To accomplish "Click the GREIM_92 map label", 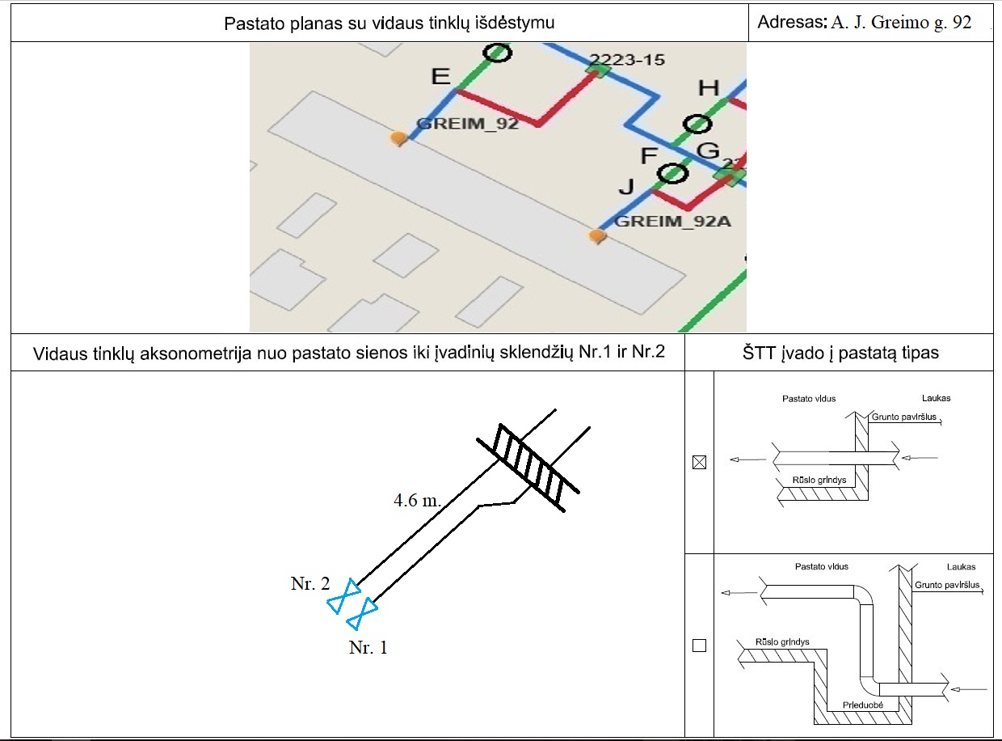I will coord(466,125).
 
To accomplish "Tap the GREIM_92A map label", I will coord(672,221).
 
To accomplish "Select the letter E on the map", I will coord(440,76).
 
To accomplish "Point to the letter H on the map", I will coord(708,88).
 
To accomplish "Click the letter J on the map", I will coord(626,187).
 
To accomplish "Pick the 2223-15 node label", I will coord(626,59).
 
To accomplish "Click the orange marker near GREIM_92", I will coord(398,138).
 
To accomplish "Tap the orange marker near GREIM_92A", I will coord(597,236).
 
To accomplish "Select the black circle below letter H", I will coord(696,124).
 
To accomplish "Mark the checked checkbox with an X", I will coord(700,463).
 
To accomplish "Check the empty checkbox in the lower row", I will coord(700,646).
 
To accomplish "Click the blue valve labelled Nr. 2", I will coord(346,597).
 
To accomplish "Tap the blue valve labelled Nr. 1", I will coord(362,614).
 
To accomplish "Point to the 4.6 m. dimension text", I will coord(417,501).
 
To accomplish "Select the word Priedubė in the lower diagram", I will coord(863,705).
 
